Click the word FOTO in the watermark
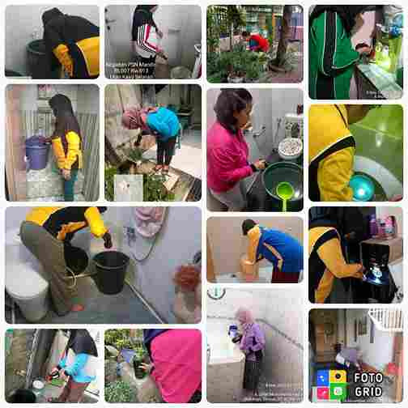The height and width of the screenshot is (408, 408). pos(368,378)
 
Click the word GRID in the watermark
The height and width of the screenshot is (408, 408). pos(369,391)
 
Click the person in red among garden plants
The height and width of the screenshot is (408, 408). pos(257,41)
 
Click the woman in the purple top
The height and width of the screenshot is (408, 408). pos(250,340)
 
